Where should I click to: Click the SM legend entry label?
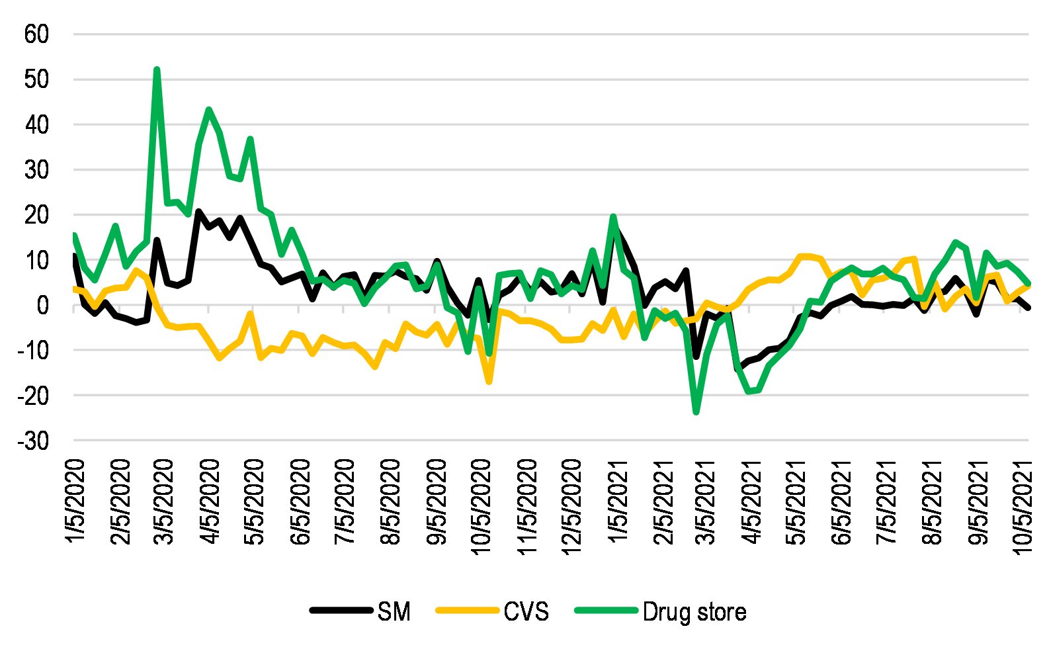tap(394, 612)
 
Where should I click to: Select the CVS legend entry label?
tap(526, 612)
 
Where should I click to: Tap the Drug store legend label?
tap(694, 612)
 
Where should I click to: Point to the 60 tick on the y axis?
tap(36, 34)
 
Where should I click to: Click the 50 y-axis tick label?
tap(36, 79)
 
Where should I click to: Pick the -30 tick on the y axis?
tap(33, 441)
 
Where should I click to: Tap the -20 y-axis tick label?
tap(33, 396)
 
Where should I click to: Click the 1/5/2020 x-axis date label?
tap(76, 502)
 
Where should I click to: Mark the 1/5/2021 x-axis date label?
tap(618, 502)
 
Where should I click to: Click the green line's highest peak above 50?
tap(157, 69)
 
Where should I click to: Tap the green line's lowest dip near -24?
tap(696, 412)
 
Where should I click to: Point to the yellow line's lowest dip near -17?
tap(489, 381)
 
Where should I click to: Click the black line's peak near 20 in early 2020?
tap(198, 212)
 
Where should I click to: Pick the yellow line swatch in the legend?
tap(466, 611)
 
